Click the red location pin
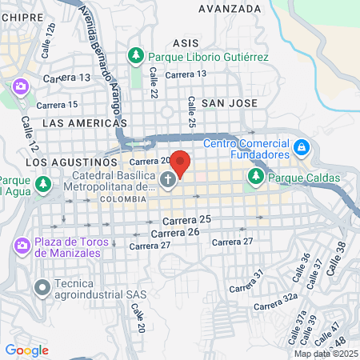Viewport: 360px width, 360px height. point(181,163)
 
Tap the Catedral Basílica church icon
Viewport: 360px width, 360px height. point(168,180)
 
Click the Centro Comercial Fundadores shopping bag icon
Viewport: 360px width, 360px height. point(301,148)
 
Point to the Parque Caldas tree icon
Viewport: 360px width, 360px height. point(256,177)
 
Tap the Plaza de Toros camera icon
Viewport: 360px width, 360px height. point(21,245)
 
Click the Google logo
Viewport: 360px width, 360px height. point(26,350)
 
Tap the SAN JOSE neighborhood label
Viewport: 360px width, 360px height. point(230,103)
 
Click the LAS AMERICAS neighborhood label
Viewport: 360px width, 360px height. point(85,123)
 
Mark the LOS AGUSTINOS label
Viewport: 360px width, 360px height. point(66,162)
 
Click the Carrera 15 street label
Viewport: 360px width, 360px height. point(61,105)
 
